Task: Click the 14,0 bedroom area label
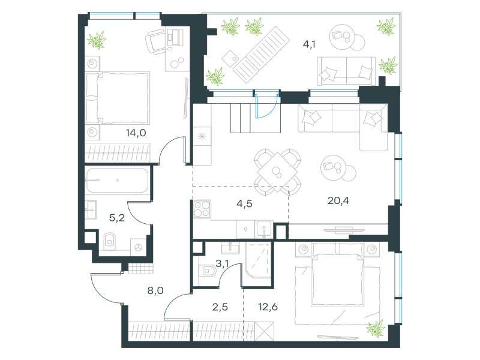[136, 133]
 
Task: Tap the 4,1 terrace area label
[309, 44]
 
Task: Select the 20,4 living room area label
[338, 201]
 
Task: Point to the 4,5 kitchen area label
[244, 203]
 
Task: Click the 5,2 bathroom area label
[117, 218]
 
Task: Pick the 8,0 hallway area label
[155, 290]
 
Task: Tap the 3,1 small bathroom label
[222, 263]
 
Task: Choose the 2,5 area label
[220, 307]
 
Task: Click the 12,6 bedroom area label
[268, 307]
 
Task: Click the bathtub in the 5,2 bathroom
[117, 181]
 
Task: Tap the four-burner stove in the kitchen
[202, 209]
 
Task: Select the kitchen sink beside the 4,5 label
[264, 229]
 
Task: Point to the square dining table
[277, 172]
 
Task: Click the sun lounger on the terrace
[262, 55]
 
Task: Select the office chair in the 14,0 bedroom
[155, 41]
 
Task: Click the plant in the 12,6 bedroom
[376, 328]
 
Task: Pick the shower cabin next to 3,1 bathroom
[258, 260]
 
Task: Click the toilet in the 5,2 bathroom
[110, 242]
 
